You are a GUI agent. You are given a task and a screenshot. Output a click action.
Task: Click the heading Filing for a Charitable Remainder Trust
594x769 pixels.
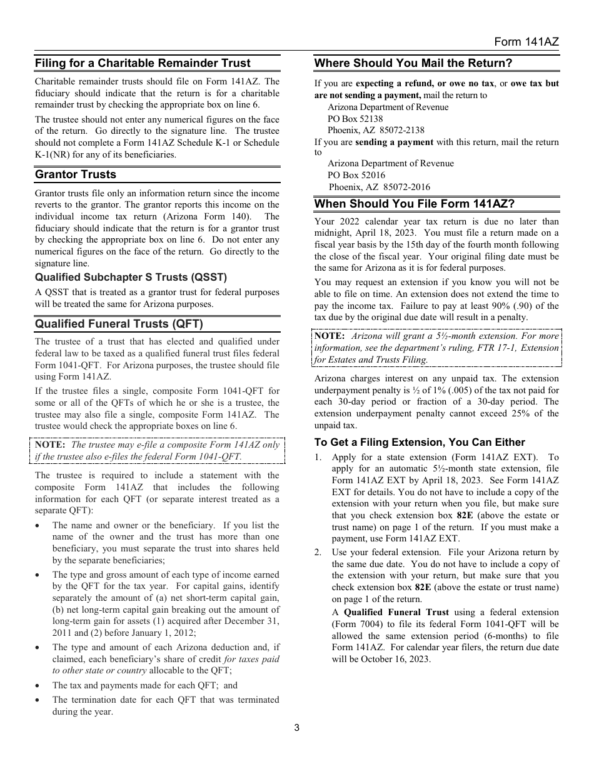(x=143, y=63)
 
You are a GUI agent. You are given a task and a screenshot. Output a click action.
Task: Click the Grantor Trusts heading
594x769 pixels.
(x=76, y=174)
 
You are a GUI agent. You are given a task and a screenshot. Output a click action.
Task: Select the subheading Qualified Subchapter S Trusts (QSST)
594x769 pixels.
(x=131, y=278)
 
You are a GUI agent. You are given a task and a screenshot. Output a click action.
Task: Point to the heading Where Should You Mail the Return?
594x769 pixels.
(x=413, y=63)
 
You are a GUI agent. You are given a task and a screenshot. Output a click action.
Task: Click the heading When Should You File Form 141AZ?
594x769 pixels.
(x=415, y=204)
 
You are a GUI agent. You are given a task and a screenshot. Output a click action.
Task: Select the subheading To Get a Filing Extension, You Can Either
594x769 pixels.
(x=420, y=442)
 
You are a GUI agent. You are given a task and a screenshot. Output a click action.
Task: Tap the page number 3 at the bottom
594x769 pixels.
(x=297, y=728)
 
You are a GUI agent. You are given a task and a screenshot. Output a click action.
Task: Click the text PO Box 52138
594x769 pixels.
(x=355, y=119)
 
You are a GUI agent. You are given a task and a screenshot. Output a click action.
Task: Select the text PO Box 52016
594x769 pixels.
(x=356, y=175)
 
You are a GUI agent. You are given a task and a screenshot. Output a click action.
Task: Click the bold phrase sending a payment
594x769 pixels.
(x=394, y=142)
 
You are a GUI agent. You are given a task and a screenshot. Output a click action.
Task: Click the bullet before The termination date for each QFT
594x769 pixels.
(x=39, y=700)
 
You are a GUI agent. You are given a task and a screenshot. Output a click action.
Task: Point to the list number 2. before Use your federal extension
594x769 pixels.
(x=318, y=552)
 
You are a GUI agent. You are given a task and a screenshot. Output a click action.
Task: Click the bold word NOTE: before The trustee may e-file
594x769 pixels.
(x=50, y=445)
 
